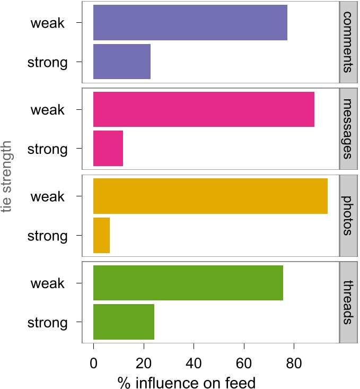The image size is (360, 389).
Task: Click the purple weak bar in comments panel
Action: coord(190,23)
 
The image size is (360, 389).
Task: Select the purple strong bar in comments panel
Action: coord(121,62)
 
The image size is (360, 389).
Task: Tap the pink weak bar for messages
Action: coord(204,109)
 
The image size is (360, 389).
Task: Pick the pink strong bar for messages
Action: coord(108,149)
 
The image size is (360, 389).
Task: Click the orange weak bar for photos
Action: coord(210,196)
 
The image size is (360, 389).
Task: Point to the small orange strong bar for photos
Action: coord(101,235)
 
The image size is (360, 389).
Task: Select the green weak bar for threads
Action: coord(188,283)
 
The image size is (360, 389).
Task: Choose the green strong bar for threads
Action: coord(124,322)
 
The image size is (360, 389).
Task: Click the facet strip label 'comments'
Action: coord(348,42)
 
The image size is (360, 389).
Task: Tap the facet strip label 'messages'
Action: coord(348,129)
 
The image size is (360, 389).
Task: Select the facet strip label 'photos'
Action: coord(348,215)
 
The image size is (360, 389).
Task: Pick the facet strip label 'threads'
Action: coord(348,302)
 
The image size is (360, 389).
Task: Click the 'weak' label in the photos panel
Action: coord(47,196)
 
